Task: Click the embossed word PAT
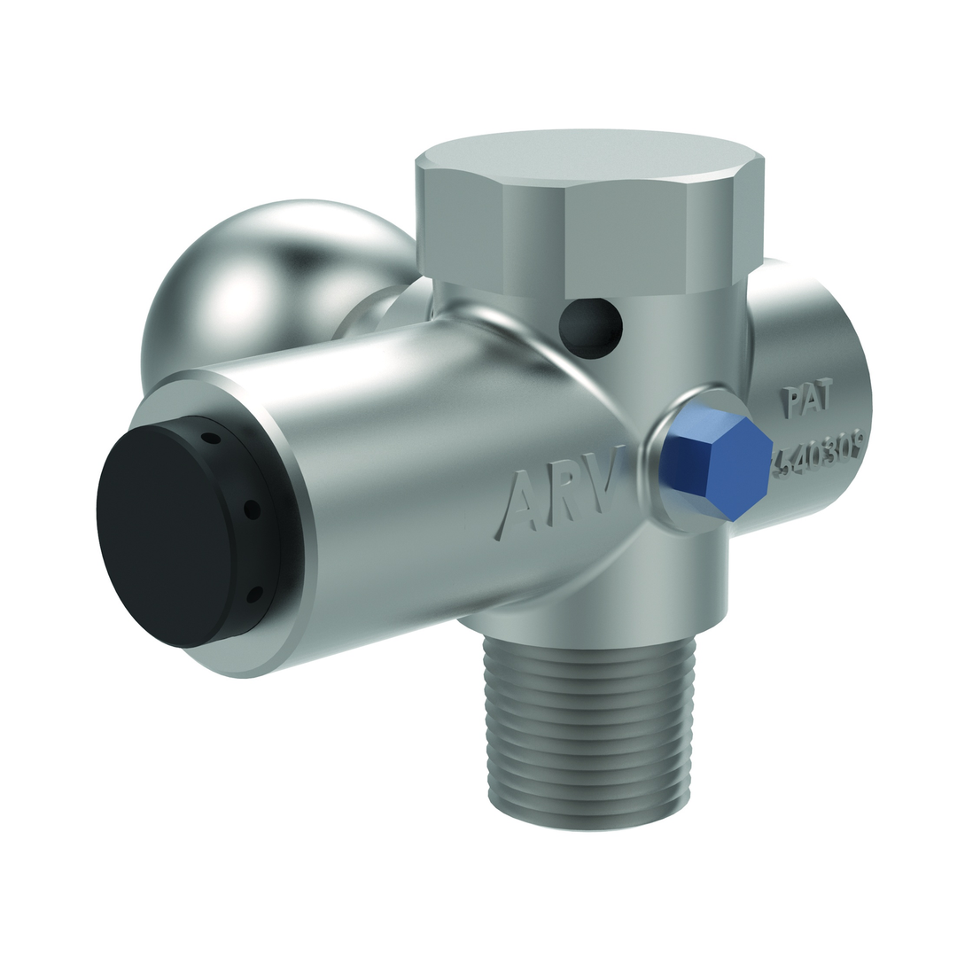point(807,401)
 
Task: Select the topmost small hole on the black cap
point(210,438)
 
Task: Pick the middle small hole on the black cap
point(252,510)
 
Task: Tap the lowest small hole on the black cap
point(253,594)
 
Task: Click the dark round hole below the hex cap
point(591,328)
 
